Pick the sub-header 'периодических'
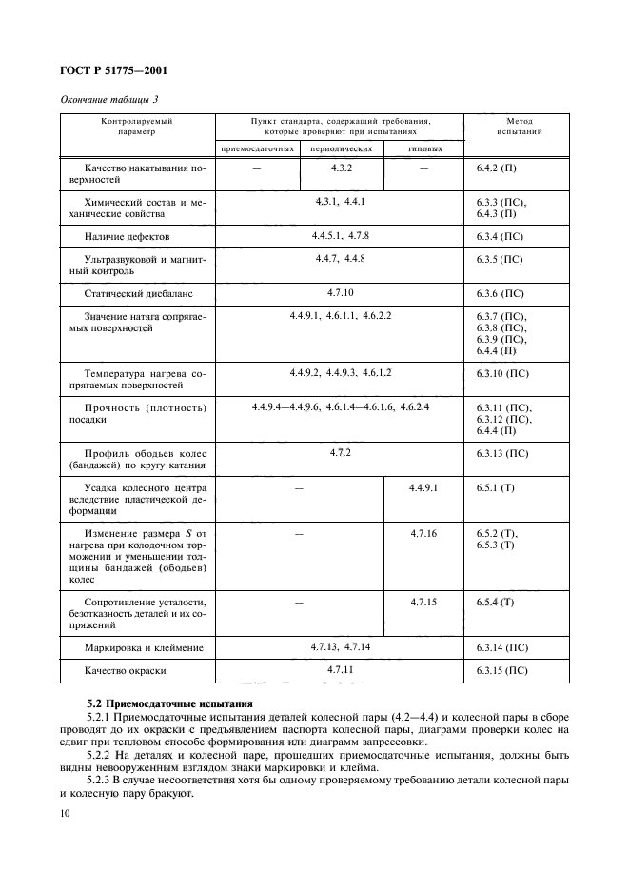point(342,148)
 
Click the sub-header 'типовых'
point(423,148)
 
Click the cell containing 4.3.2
point(342,168)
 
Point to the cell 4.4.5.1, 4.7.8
point(340,234)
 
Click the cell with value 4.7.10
point(341,293)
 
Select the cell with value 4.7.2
point(341,452)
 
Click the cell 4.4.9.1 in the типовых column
point(423,487)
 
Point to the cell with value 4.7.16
point(423,534)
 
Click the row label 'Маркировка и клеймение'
point(144,648)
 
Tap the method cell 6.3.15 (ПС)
point(502,671)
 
